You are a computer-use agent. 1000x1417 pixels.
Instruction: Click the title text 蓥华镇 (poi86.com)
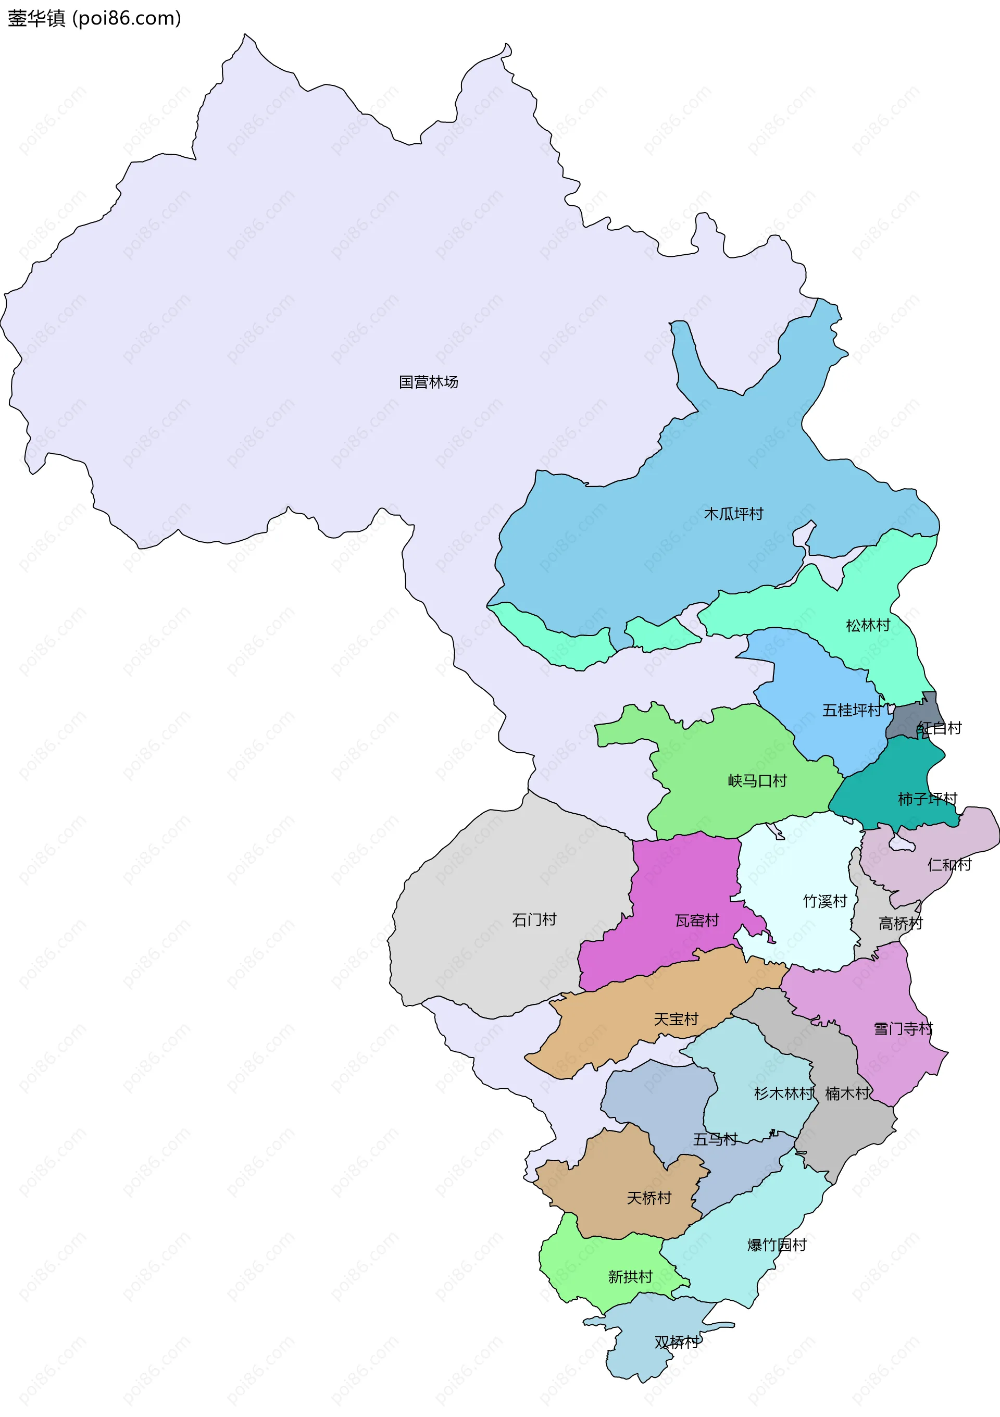(94, 19)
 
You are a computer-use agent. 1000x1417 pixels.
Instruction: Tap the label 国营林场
(428, 382)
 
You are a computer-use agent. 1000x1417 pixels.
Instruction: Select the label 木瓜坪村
(733, 514)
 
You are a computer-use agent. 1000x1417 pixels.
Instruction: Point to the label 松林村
(868, 625)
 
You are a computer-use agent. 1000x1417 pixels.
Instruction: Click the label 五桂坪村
(852, 711)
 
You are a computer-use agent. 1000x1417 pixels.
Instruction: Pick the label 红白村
(940, 728)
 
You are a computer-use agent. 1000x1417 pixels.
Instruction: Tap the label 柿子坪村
(927, 799)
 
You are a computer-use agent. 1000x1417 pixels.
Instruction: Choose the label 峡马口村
(757, 781)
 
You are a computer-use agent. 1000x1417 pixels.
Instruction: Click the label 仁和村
(949, 864)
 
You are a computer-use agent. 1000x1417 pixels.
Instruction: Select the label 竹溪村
(825, 901)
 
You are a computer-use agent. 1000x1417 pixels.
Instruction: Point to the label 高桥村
(900, 923)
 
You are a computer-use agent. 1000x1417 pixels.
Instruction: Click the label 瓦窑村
(697, 920)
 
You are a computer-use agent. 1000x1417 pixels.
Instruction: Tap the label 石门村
(534, 919)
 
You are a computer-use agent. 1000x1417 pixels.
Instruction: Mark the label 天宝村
(676, 1019)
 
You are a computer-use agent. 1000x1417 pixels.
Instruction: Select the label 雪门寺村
(903, 1028)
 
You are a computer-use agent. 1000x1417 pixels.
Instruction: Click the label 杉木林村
(783, 1093)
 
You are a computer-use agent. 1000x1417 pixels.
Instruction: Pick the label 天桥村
(648, 1198)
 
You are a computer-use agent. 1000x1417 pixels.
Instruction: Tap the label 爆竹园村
(777, 1245)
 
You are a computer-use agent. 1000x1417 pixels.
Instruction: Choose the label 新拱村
(630, 1276)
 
